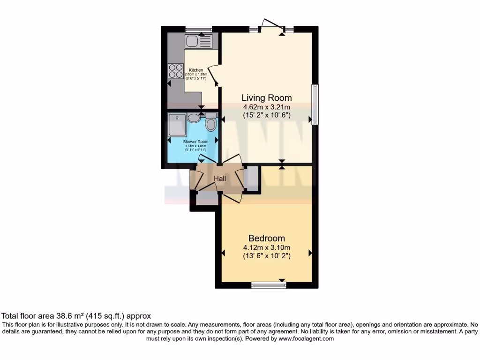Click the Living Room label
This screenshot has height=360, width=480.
[266, 98]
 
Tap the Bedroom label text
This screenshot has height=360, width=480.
[266, 238]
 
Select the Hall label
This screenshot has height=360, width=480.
[220, 179]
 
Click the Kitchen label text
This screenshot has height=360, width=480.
[196, 70]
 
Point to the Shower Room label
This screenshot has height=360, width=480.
[196, 142]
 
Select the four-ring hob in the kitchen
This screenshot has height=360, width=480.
[176, 71]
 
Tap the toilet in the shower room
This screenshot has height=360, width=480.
[211, 123]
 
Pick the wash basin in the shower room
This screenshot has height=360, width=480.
[194, 118]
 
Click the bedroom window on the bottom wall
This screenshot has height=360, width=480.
[269, 285]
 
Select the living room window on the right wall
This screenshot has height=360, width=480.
[315, 105]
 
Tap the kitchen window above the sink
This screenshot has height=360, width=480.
[198, 29]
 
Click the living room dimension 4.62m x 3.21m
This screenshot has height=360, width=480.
[266, 106]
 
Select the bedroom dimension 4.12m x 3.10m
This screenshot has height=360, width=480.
[266, 247]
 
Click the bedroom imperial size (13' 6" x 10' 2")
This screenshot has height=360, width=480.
[266, 256]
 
